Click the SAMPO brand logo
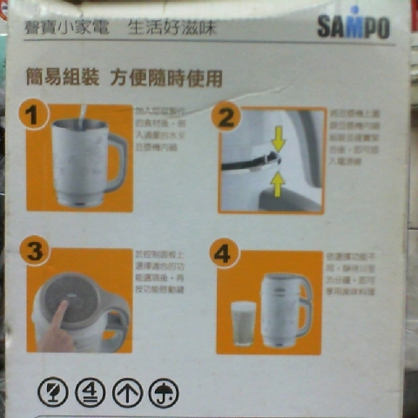click(353, 27)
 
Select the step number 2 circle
click(226, 118)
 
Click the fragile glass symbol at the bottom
click(53, 393)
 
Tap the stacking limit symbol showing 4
click(90, 393)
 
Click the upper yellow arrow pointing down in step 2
click(277, 137)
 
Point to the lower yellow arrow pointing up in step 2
click(277, 182)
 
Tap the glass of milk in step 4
click(244, 323)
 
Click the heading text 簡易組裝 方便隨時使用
click(124, 77)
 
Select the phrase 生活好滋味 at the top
click(172, 27)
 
